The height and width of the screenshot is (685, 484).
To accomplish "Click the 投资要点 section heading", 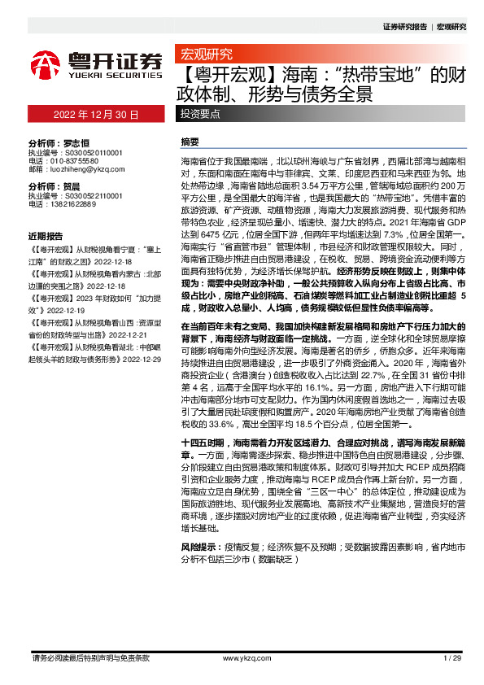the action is pos(200,114).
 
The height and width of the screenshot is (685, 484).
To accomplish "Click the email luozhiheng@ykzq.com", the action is pos(85,169).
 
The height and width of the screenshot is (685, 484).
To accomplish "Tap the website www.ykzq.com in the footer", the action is pos(241,658).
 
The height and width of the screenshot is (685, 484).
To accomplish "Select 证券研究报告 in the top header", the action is pos(404,27).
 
